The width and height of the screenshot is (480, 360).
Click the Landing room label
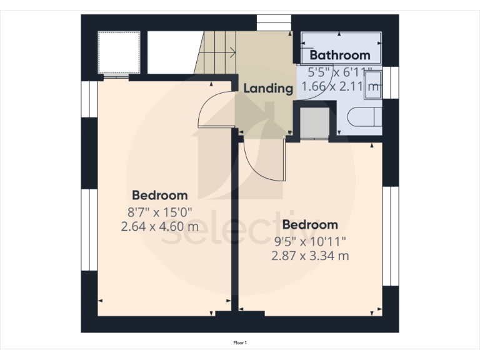[268, 88]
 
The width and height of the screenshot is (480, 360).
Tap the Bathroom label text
[340, 55]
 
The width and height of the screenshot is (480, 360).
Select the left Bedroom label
[159, 195]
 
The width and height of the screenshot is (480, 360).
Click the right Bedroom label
[310, 224]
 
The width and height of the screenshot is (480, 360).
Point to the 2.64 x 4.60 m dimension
[159, 226]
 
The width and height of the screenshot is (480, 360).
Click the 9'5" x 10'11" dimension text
[310, 241]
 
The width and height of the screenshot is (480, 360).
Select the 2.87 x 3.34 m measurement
[310, 256]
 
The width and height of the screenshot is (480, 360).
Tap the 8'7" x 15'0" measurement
[159, 211]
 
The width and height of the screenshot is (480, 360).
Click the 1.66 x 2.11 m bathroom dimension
[341, 87]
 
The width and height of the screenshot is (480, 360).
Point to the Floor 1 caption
[240, 342]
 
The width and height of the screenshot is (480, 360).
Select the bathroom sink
[373, 82]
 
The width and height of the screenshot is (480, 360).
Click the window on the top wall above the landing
[274, 22]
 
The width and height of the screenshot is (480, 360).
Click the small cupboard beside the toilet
[314, 122]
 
